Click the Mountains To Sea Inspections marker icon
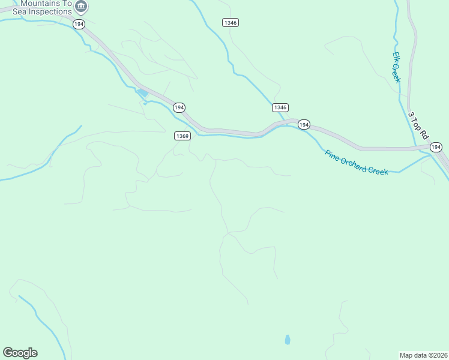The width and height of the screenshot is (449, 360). [81, 7]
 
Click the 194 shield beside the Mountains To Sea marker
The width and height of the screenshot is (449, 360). [79, 23]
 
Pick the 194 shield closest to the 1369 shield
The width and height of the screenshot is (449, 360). [179, 107]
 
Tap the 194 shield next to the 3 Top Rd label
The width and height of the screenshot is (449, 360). [436, 147]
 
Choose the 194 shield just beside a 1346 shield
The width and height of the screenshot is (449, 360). [304, 125]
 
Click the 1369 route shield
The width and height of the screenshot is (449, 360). [182, 136]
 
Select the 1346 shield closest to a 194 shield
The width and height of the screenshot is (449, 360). [280, 107]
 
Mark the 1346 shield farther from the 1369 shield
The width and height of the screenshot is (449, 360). [231, 22]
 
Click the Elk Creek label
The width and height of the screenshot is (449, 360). [396, 67]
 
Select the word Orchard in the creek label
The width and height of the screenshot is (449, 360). [355, 164]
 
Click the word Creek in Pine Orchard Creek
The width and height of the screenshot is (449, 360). [380, 170]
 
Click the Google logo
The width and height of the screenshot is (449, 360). [20, 353]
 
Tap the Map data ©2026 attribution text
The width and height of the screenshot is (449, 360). [423, 355]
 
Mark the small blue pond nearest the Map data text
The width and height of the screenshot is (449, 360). [288, 340]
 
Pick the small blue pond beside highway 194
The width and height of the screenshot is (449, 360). [143, 93]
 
